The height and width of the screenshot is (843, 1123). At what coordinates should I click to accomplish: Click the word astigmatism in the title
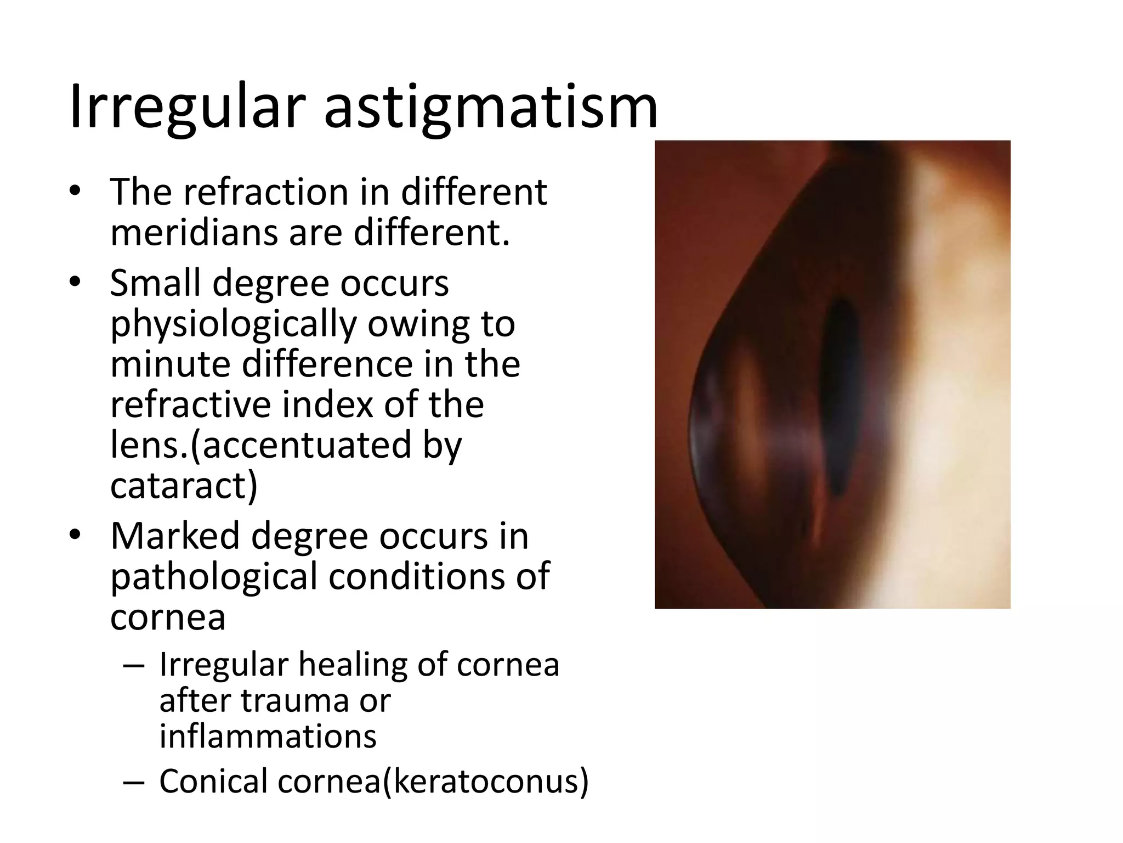pyautogui.click(x=490, y=108)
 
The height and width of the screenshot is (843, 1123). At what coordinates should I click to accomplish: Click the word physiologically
pyautogui.click(x=233, y=325)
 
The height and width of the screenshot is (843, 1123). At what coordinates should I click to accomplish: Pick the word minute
pyautogui.click(x=171, y=364)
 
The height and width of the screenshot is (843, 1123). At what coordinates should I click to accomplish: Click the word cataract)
pyautogui.click(x=184, y=485)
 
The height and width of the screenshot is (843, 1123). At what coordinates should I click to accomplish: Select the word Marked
pyautogui.click(x=175, y=536)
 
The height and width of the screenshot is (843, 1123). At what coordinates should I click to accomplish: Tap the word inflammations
pyautogui.click(x=268, y=737)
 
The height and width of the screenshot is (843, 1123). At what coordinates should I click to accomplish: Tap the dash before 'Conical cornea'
pyautogui.click(x=134, y=782)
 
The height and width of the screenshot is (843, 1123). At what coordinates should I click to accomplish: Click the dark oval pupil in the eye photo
pyautogui.click(x=842, y=398)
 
